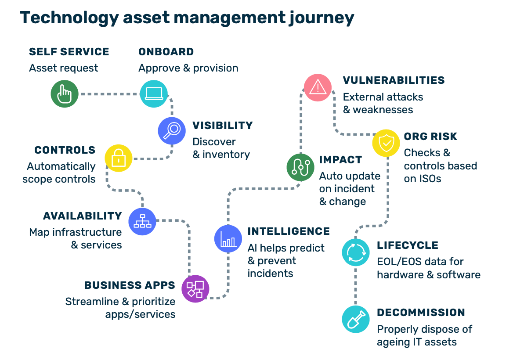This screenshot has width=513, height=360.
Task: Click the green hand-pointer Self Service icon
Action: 65,94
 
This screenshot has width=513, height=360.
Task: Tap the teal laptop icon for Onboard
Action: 154,94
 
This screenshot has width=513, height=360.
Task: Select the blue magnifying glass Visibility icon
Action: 172,131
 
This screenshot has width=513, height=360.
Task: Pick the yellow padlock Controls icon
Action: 119,158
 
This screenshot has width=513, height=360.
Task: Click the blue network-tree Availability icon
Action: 142,221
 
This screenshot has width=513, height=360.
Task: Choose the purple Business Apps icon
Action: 195,289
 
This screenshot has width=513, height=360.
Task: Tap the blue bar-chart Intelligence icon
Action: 228,238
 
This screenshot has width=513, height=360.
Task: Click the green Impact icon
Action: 300,167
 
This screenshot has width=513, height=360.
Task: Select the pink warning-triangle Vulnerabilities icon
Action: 318,88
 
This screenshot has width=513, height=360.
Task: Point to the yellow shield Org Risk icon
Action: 386,143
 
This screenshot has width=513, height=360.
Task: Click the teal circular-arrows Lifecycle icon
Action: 356,252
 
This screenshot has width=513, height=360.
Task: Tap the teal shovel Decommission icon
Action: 356,319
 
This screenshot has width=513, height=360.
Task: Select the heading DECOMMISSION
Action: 421,313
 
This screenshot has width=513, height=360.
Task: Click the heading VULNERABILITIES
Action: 394,80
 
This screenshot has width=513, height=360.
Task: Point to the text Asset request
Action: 64,68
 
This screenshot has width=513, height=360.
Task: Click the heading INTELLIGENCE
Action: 289,231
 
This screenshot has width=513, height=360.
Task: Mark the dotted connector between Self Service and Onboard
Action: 109,94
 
